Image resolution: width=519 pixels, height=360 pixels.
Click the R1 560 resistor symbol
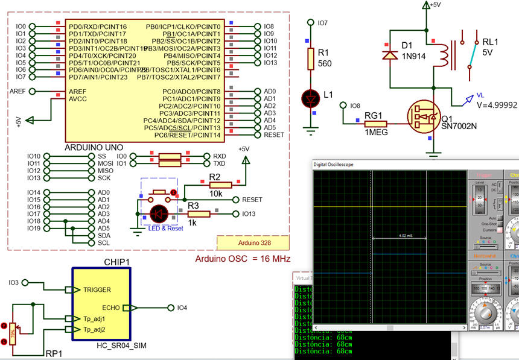(x=310, y=58)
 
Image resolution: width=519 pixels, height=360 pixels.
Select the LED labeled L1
(x=310, y=97)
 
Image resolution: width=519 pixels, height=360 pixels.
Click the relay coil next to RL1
(x=444, y=55)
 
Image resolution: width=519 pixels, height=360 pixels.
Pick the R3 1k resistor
(x=199, y=213)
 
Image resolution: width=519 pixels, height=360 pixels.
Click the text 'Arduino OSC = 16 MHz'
(x=243, y=259)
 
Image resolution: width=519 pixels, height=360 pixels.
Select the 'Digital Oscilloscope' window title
(x=333, y=164)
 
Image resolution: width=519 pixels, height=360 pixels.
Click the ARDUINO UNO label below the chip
(x=94, y=147)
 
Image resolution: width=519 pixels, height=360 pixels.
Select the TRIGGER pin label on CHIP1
(x=97, y=289)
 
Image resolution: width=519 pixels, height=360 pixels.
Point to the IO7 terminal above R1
(x=322, y=23)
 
